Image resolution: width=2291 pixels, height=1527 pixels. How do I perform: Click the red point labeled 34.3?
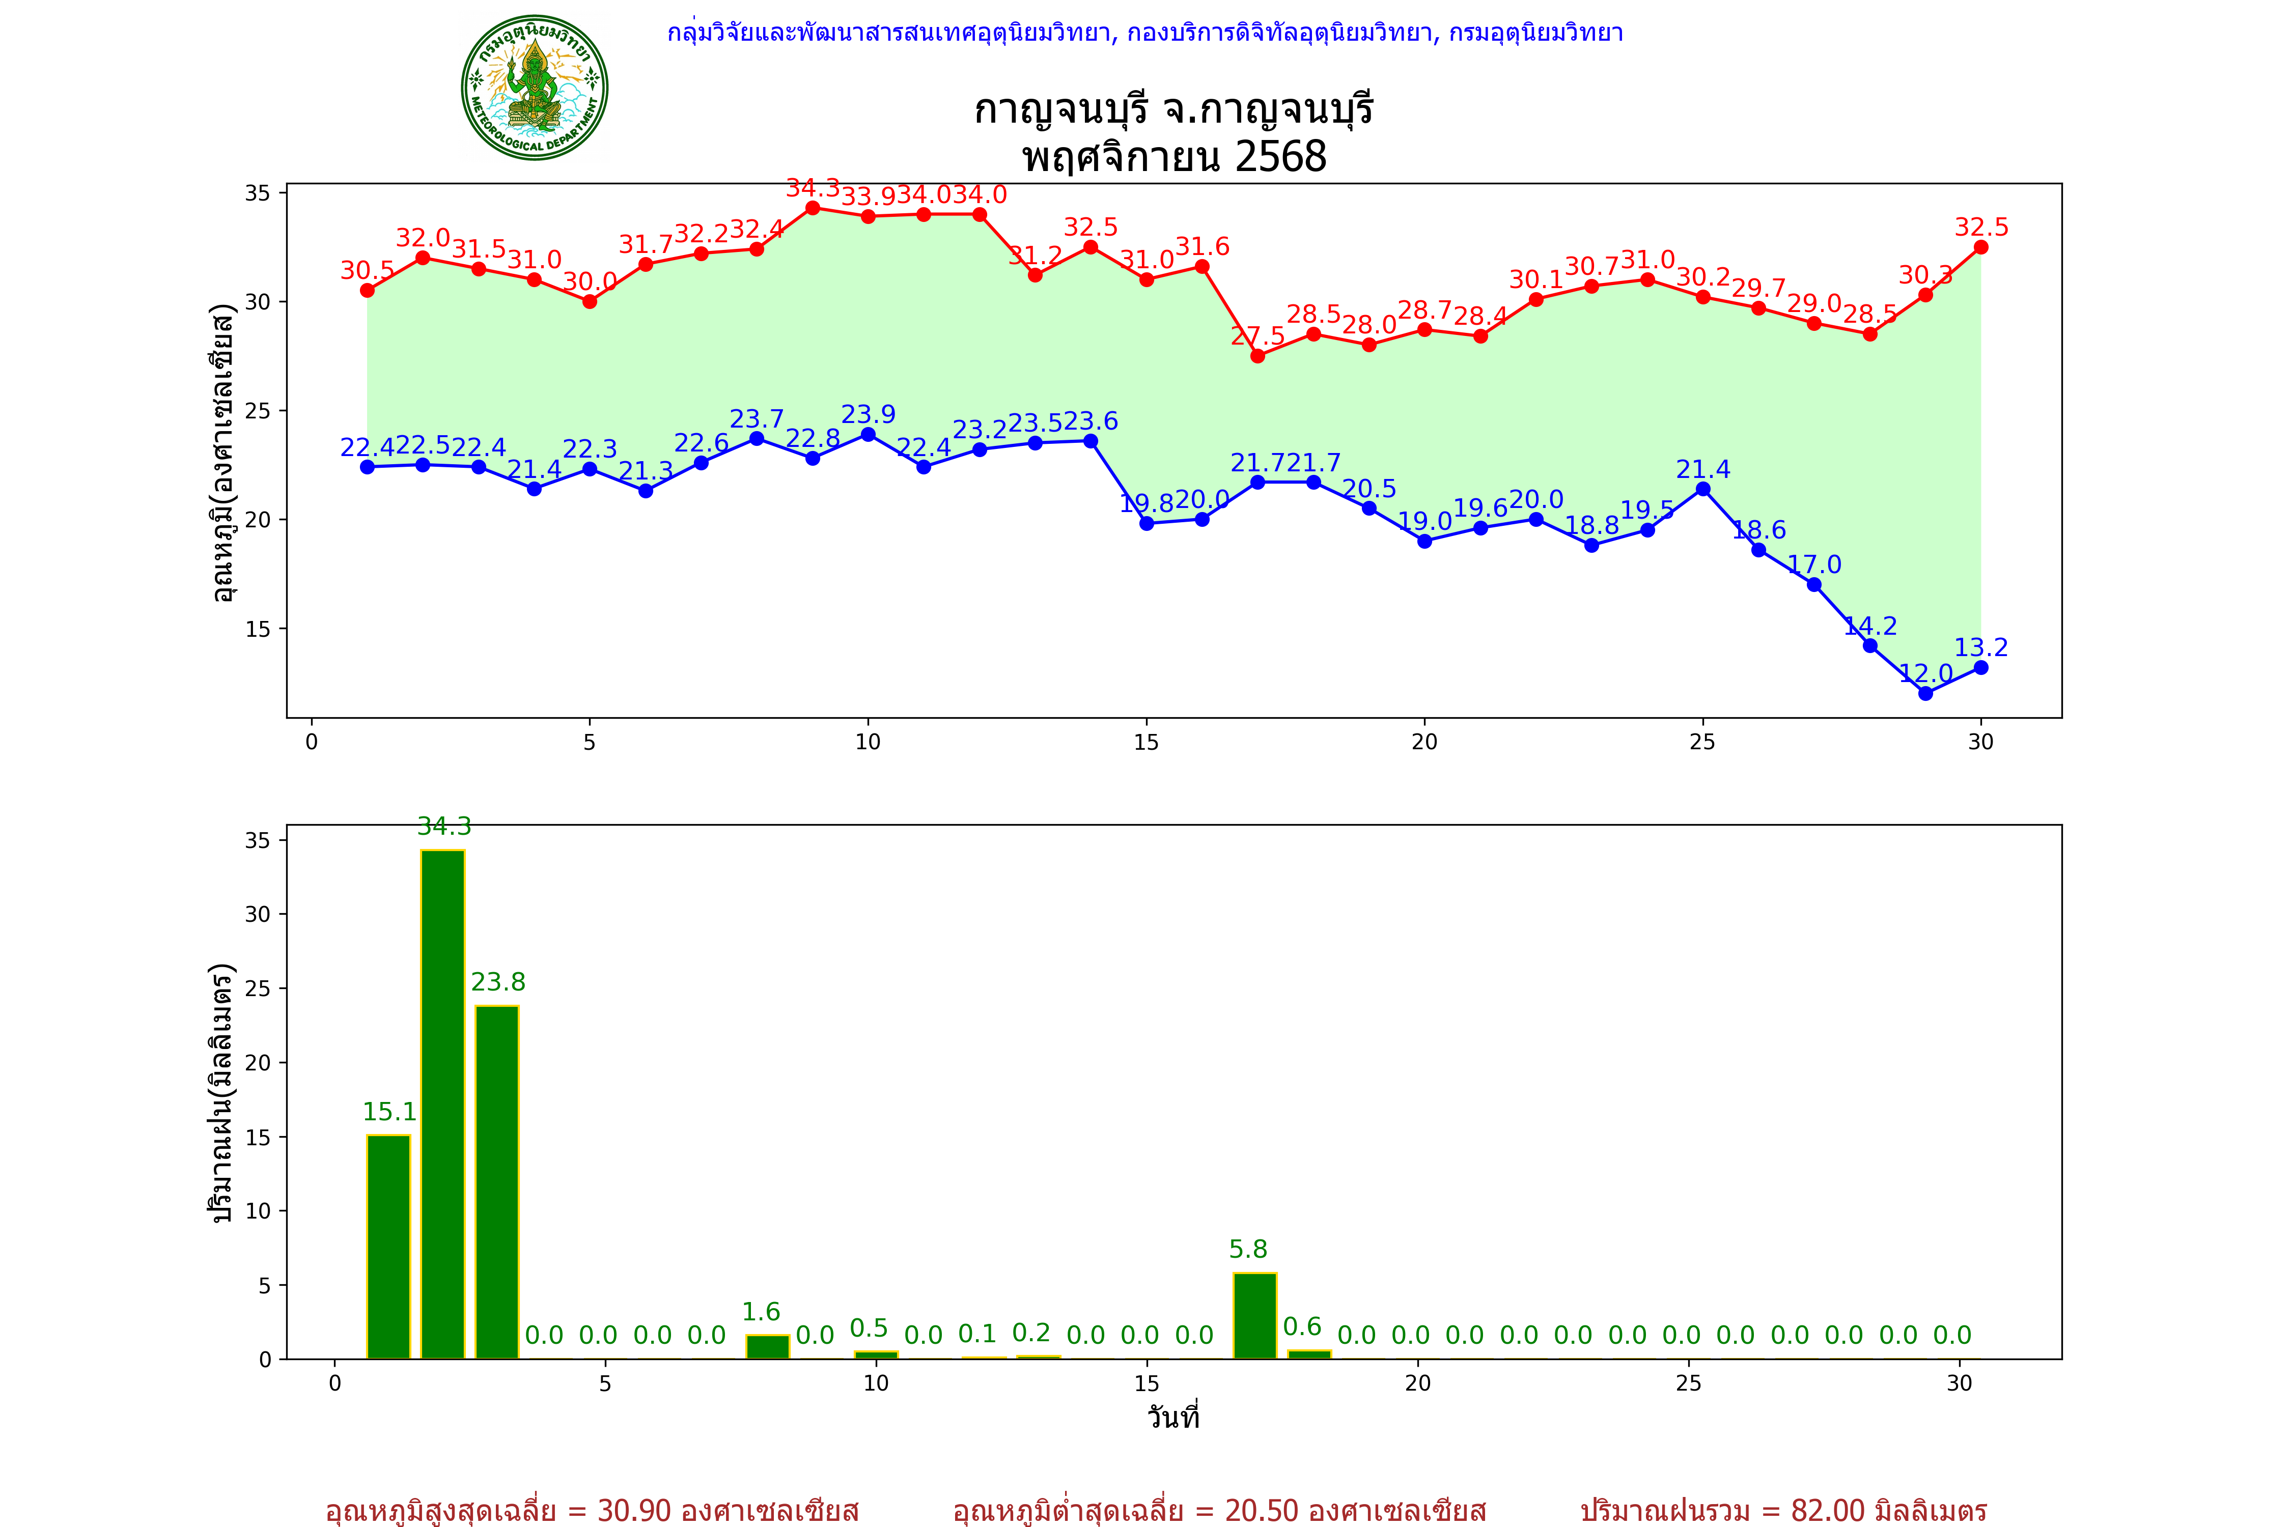point(813,208)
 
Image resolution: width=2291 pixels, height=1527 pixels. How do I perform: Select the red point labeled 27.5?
point(1258,355)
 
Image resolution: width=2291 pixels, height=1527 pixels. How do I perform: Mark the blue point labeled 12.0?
point(1925,693)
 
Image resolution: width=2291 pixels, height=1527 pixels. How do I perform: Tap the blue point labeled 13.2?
point(1980,667)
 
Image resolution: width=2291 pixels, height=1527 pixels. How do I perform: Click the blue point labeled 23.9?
point(868,434)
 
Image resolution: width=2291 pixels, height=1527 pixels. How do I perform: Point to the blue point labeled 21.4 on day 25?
point(1702,489)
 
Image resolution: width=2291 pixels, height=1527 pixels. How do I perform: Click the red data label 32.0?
point(423,238)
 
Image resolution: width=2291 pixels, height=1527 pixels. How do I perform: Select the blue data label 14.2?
point(1870,626)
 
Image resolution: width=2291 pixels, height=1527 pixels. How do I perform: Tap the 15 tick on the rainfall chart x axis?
point(1147,1384)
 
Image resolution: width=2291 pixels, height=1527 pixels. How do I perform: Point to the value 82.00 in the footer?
point(1827,1510)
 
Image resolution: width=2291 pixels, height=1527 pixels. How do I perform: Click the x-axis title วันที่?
point(1173,1417)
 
